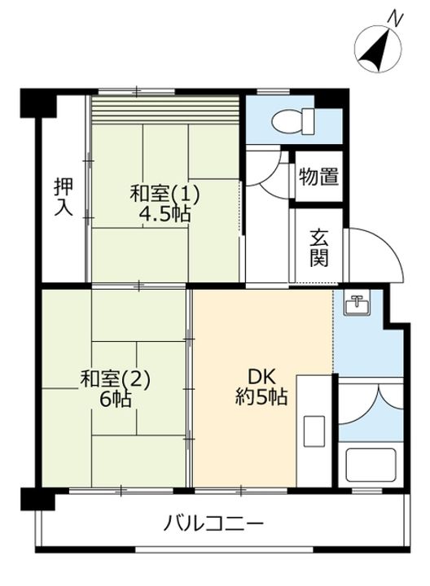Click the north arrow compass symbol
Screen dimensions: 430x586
point(378,49)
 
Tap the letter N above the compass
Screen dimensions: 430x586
point(396,18)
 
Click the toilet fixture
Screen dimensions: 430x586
point(292,120)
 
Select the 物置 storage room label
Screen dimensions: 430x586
point(318,177)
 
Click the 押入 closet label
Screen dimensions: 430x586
point(64,197)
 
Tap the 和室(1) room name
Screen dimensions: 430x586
point(165,195)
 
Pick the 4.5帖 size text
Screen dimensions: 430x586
point(165,214)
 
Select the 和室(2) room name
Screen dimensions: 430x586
point(115,379)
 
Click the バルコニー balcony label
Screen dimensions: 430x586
point(213,523)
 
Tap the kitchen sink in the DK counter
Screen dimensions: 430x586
point(314,431)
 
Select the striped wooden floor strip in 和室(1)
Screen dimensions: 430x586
point(165,110)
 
